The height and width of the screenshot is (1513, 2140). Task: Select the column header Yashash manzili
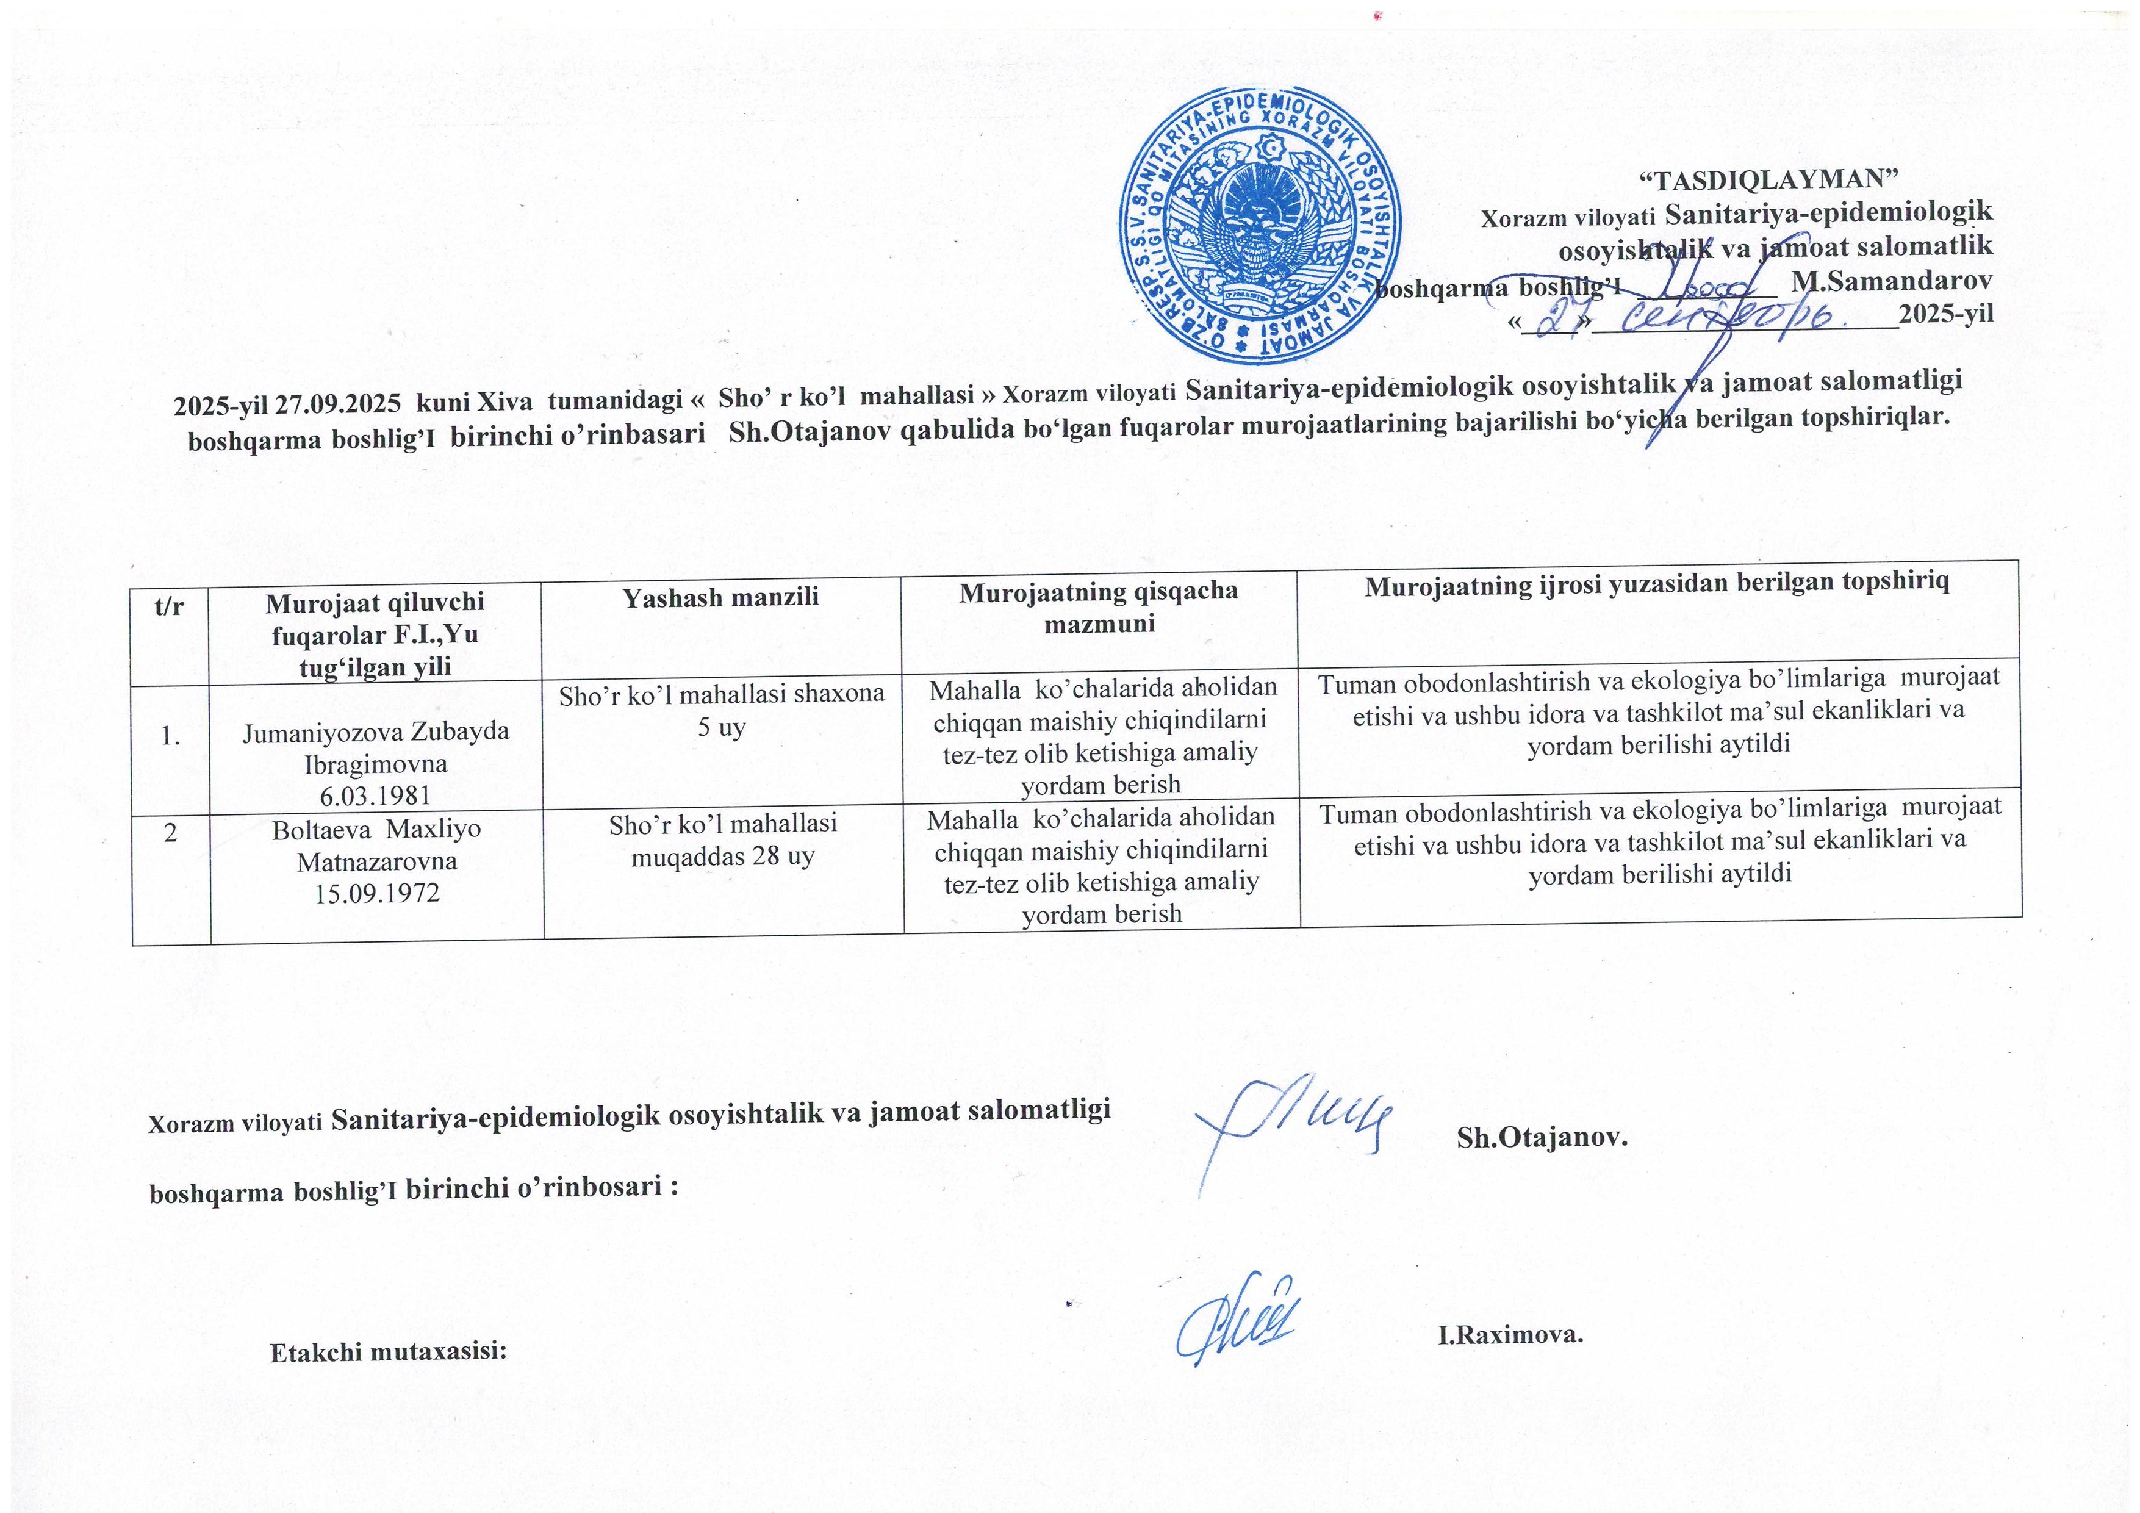(720, 597)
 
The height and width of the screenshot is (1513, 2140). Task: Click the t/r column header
(170, 606)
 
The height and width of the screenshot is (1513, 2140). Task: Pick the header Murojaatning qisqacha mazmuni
(1099, 607)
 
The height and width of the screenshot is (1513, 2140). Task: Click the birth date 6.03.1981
(376, 795)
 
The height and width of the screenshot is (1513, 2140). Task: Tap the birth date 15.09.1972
(376, 894)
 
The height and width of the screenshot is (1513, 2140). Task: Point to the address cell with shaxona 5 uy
(722, 710)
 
